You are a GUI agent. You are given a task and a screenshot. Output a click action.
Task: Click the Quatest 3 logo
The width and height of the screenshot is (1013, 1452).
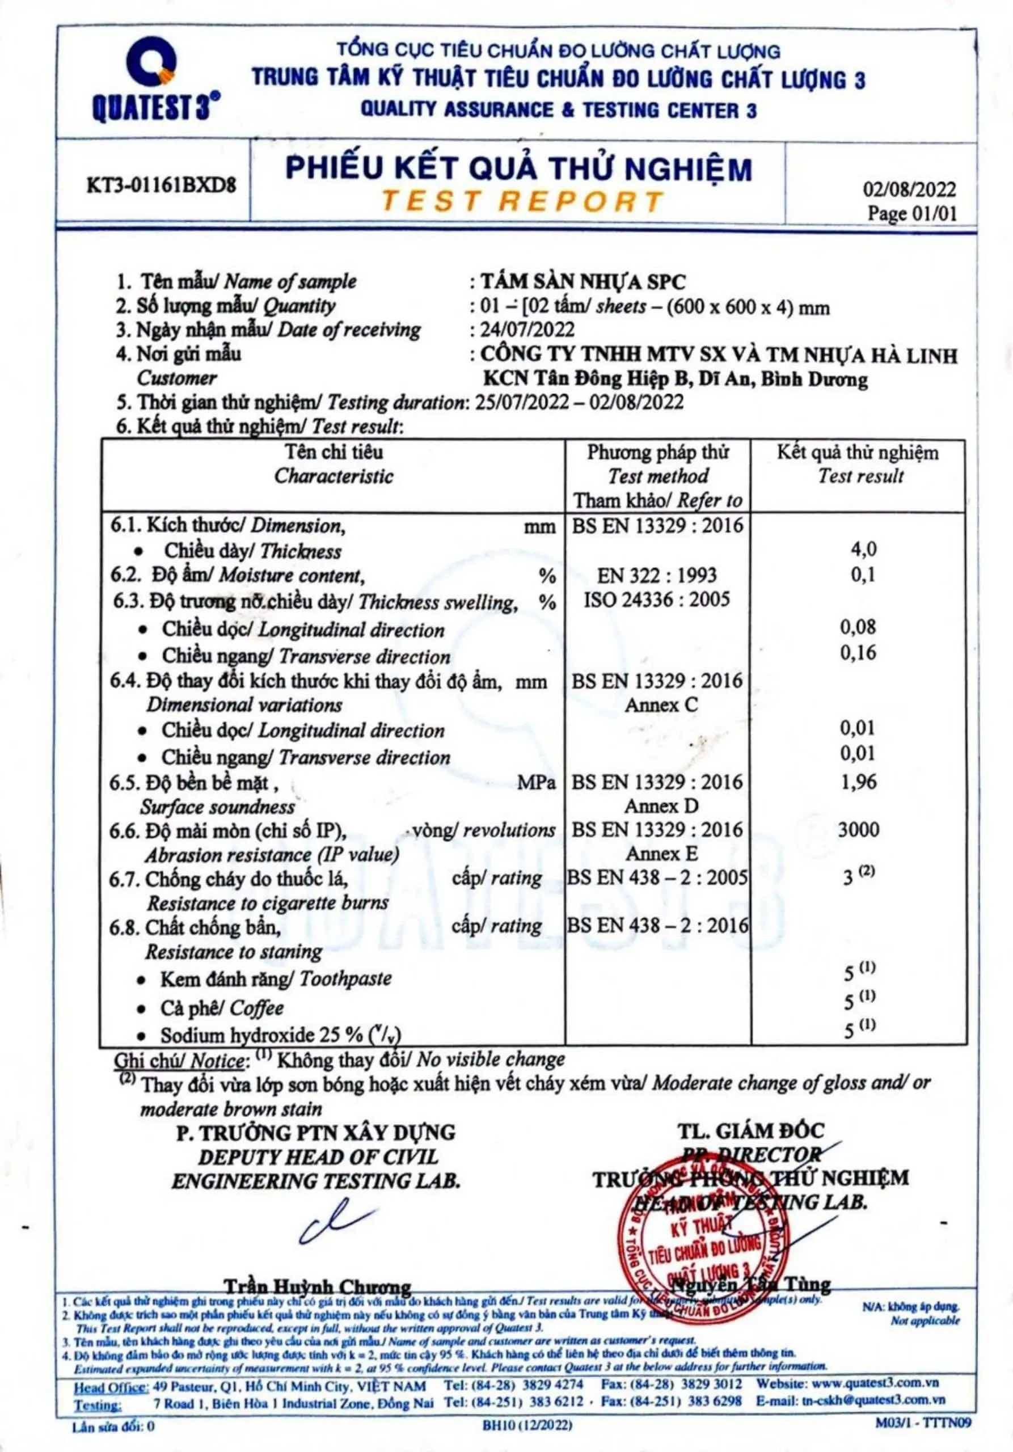pos(155,79)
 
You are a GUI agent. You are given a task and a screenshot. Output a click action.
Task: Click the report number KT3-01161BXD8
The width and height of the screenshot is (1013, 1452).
pos(161,185)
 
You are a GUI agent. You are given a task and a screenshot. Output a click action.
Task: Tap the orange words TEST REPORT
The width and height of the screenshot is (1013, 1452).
pos(522,202)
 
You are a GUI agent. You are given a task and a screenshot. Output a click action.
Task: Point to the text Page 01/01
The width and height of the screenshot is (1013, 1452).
pos(911,213)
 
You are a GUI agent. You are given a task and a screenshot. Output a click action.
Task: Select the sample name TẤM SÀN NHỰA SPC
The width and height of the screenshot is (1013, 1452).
pos(583,281)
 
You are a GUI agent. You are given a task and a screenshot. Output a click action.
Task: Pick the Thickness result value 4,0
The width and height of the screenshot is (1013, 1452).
pos(863,549)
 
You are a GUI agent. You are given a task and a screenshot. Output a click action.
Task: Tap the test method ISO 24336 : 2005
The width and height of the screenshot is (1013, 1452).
pos(656,600)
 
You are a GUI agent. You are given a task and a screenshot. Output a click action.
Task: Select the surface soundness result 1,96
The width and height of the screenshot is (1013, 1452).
pos(858,782)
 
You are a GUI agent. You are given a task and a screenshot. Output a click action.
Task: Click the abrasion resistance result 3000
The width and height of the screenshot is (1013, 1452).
pos(858,830)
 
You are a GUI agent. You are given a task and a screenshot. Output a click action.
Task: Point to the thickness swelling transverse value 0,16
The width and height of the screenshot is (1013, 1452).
pos(858,653)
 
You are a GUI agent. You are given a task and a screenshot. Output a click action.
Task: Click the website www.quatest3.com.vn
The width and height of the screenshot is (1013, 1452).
pos(875,1385)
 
